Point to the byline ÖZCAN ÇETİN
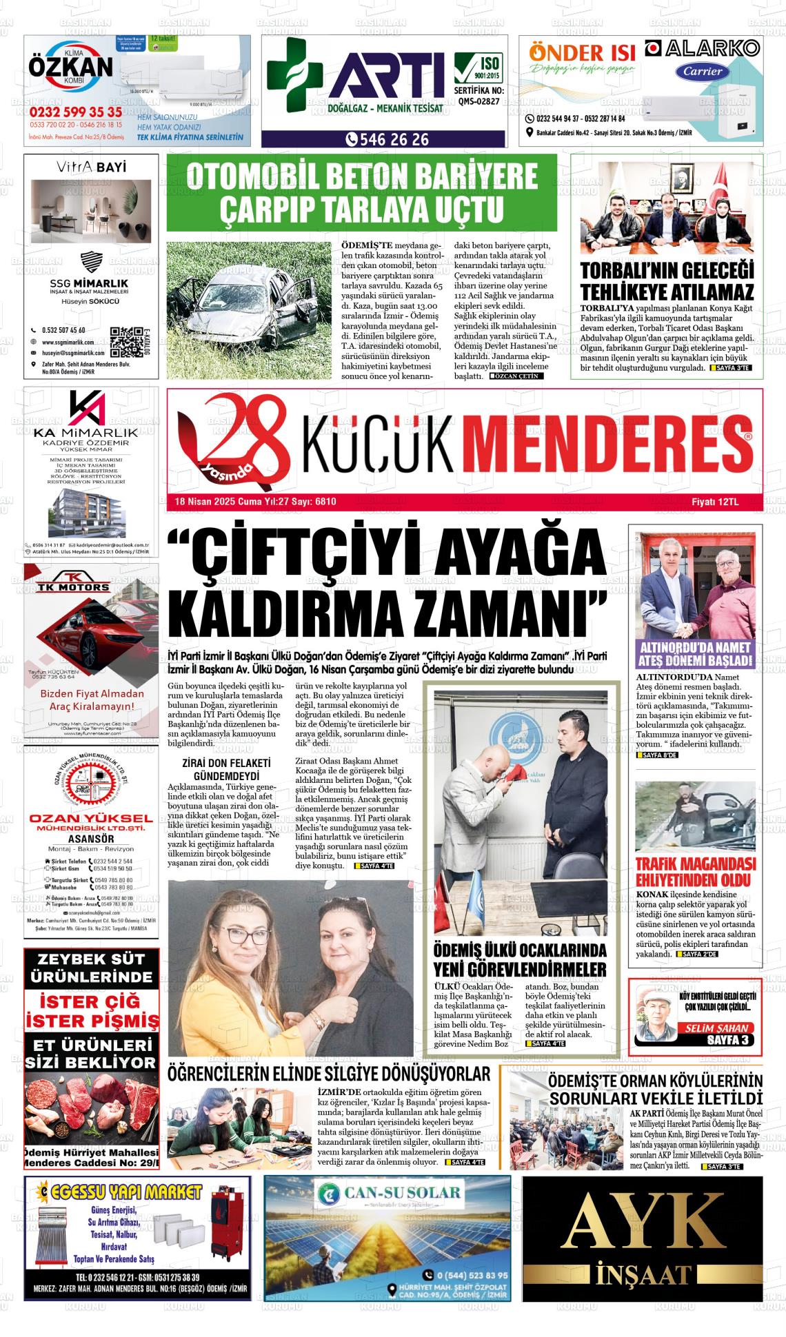tap(517, 376)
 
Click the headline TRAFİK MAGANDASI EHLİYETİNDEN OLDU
tap(695, 872)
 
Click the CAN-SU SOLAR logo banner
tap(387, 1193)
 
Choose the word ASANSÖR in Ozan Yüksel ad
tap(91, 839)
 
